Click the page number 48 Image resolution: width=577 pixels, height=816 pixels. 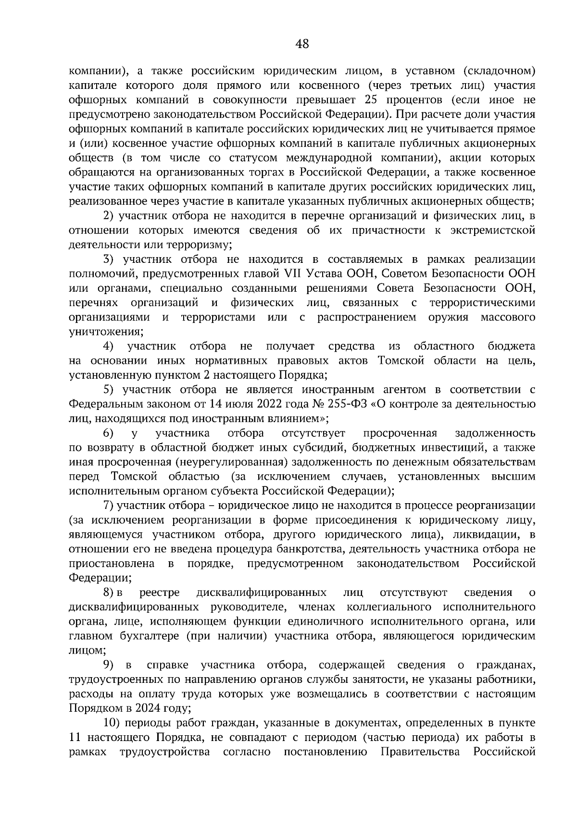coord(302,44)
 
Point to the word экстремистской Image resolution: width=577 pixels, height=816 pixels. coord(493,230)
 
